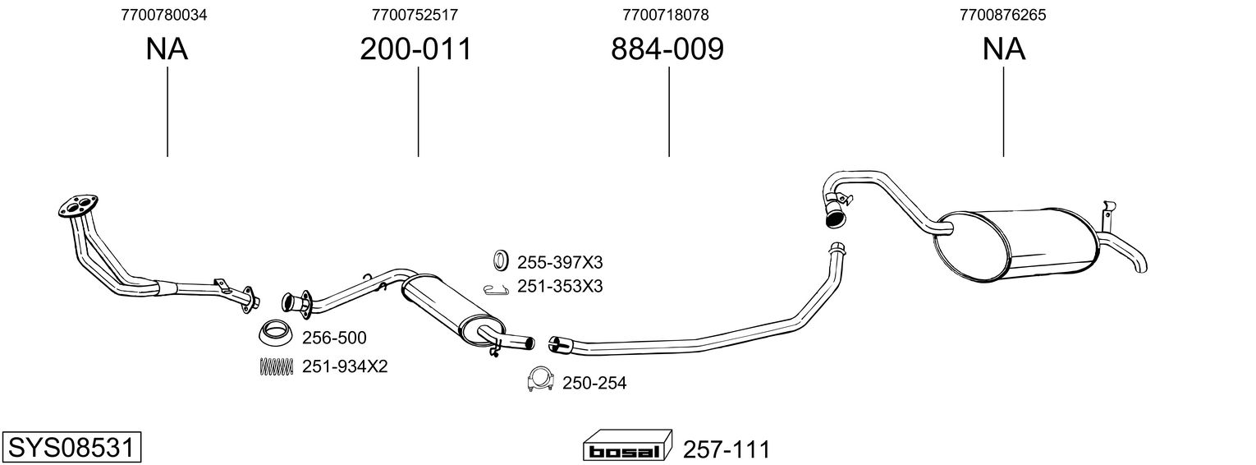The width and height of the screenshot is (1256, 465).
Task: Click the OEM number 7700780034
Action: [163, 15]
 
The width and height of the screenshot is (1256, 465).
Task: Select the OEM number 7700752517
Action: [415, 15]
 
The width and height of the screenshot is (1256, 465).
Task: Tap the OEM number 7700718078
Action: [666, 15]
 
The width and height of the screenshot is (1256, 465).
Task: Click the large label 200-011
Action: [416, 49]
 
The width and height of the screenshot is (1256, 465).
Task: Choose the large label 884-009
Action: [667, 49]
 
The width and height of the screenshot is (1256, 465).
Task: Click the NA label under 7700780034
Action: [167, 49]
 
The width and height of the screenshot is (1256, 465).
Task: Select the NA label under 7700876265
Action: [1004, 49]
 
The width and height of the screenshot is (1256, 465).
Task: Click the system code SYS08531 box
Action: [72, 448]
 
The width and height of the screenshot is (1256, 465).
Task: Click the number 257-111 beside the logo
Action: [727, 449]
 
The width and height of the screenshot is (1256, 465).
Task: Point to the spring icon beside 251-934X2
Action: [276, 366]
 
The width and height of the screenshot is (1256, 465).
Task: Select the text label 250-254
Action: [594, 384]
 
